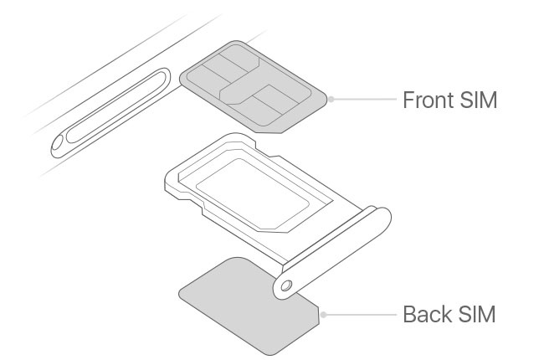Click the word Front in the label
click(x=428, y=100)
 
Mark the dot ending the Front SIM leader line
click(x=331, y=99)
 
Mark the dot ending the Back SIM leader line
click(x=323, y=316)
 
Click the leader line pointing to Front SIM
click(x=364, y=99)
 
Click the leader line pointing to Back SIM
click(x=360, y=316)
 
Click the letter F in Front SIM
click(x=408, y=100)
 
